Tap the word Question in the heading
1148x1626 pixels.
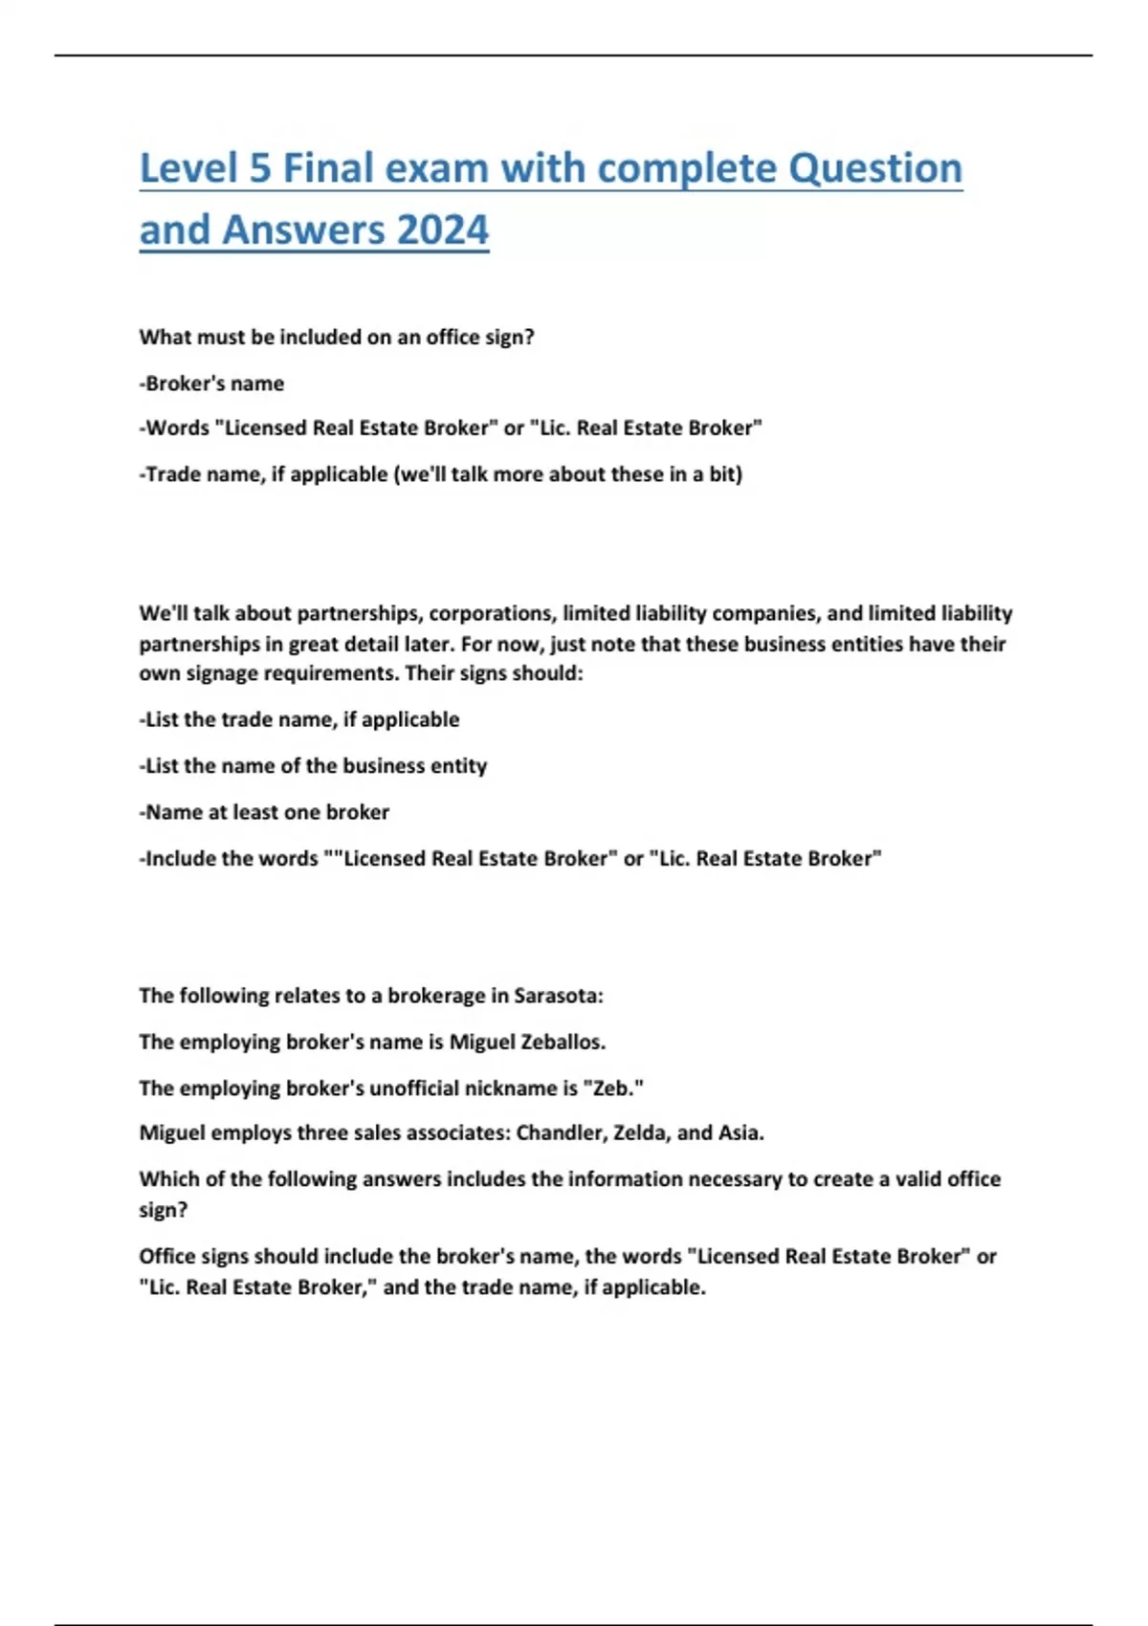[874, 169]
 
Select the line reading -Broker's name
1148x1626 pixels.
[211, 384]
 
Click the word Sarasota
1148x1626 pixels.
[558, 996]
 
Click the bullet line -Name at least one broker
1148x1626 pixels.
[264, 812]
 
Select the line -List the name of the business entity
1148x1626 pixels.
[313, 766]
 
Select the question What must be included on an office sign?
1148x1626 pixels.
[337, 338]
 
